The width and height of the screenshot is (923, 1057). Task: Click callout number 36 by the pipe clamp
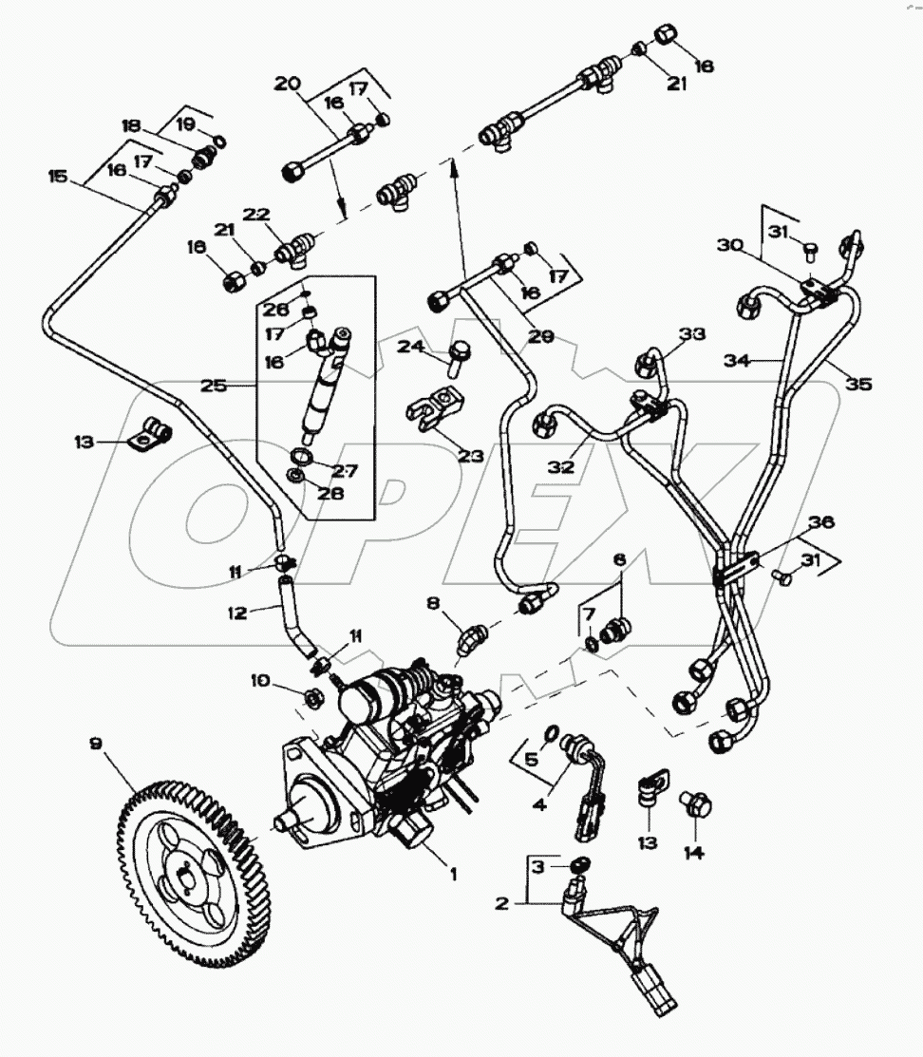(821, 522)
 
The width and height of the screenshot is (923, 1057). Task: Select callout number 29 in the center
(542, 337)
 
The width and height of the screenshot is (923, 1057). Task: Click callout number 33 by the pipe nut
(693, 334)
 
